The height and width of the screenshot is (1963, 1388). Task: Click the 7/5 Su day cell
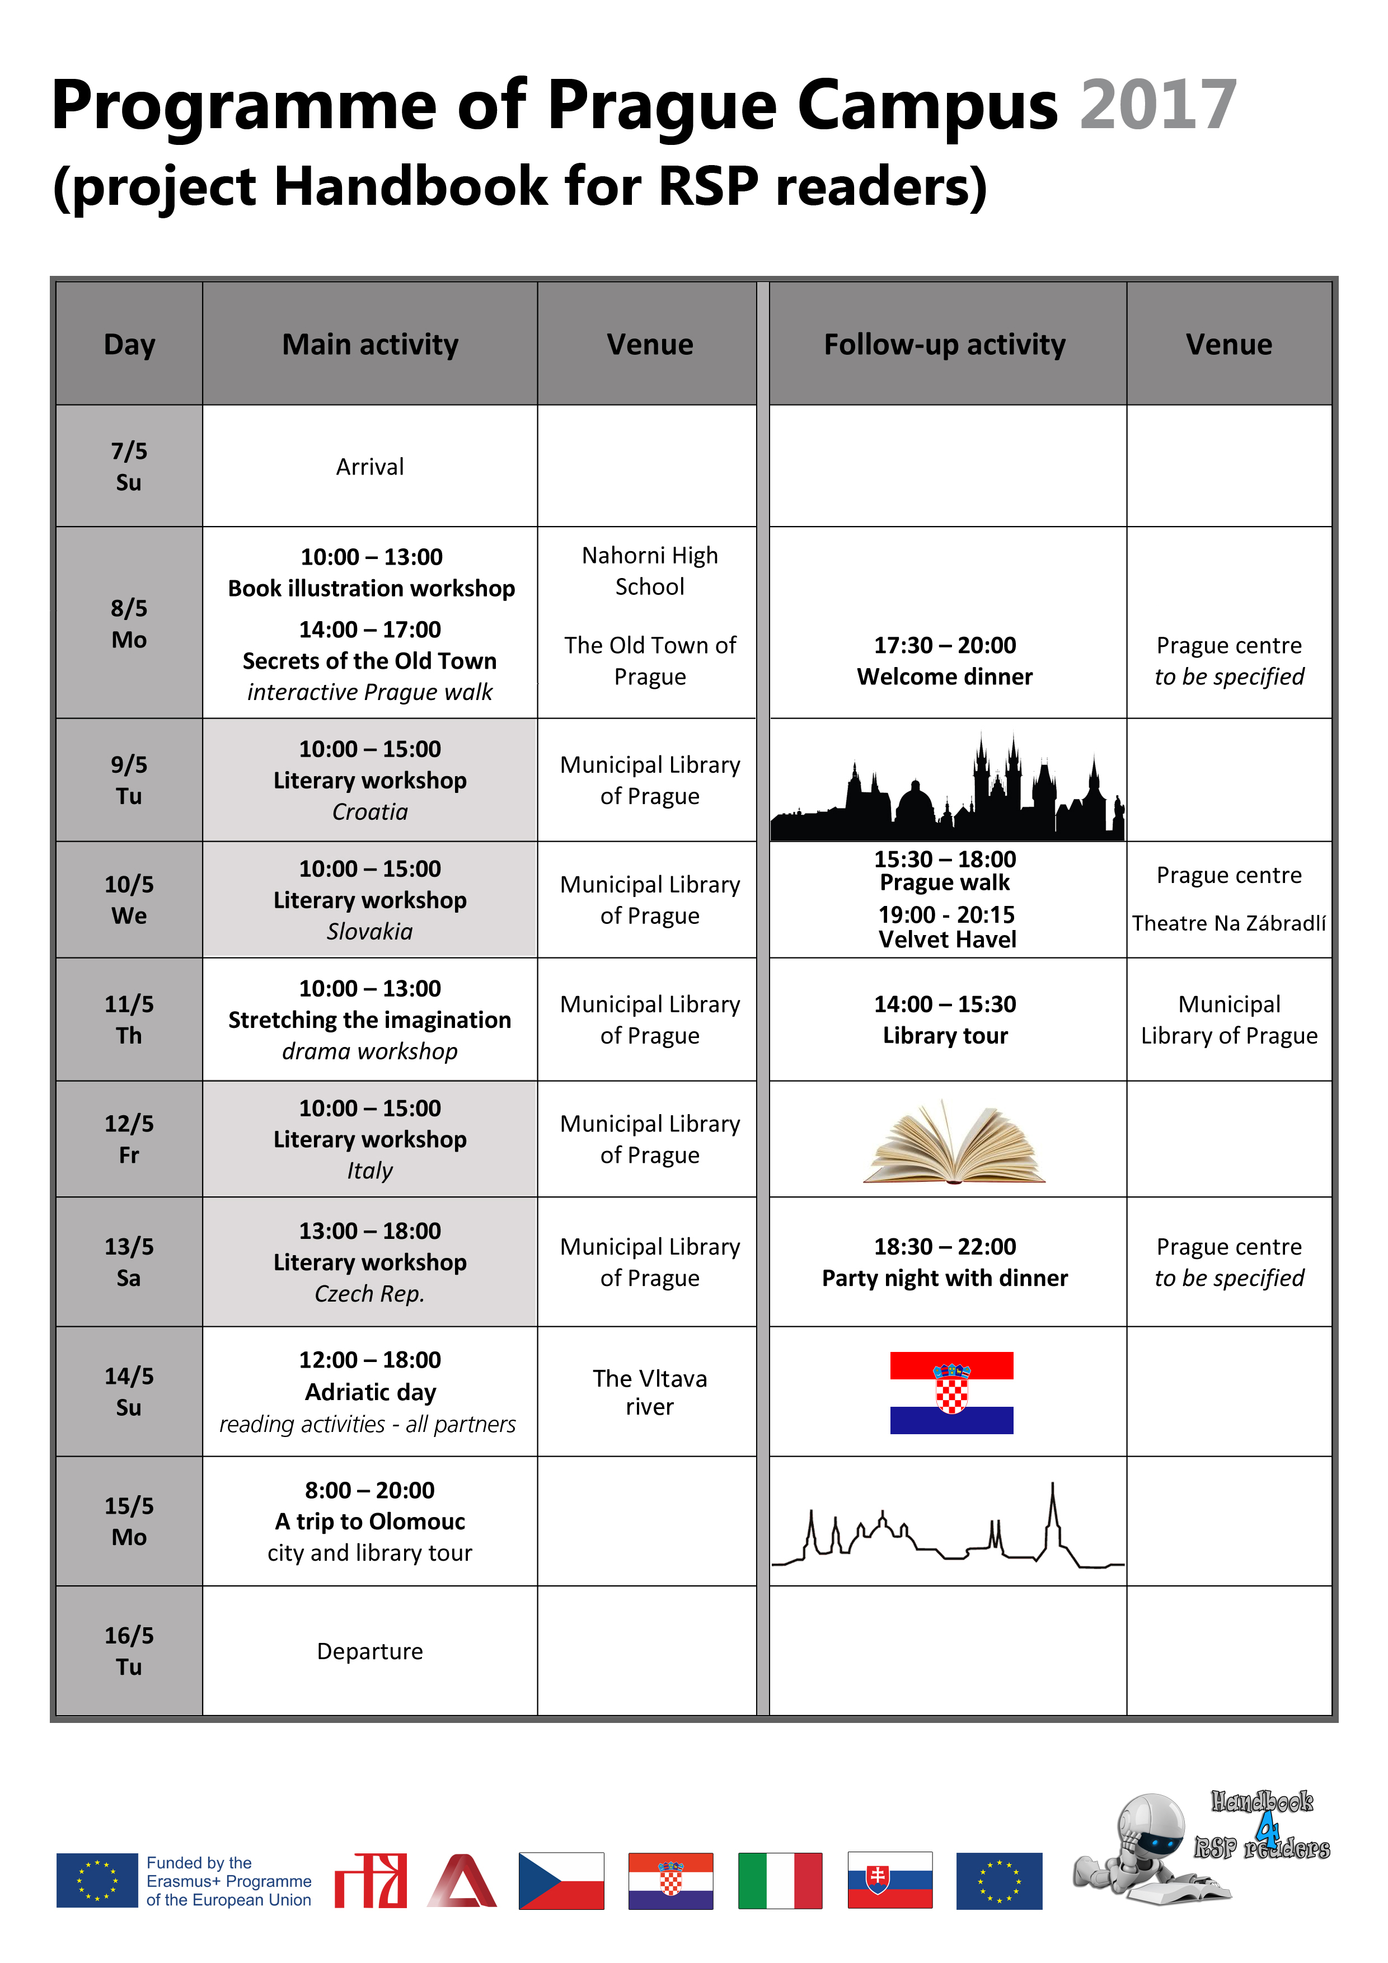coord(129,466)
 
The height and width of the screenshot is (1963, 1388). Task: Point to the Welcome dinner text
coord(944,677)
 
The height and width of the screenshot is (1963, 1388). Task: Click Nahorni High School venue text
coord(649,571)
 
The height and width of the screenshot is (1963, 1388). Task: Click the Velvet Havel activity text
coord(947,940)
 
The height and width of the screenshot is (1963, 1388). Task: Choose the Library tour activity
coord(945,1035)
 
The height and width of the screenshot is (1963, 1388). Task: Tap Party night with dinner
coord(944,1278)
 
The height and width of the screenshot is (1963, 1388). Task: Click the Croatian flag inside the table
coord(951,1392)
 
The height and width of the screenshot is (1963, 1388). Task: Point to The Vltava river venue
coord(649,1392)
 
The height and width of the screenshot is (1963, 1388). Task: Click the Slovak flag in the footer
coord(889,1880)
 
